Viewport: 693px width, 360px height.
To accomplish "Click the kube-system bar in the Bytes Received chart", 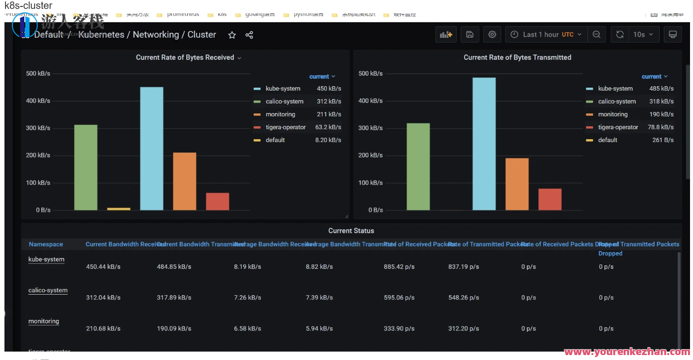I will click(x=152, y=149).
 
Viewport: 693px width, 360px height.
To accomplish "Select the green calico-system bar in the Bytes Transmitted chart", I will click(x=418, y=166).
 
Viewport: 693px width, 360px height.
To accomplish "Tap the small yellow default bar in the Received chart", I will click(x=119, y=208).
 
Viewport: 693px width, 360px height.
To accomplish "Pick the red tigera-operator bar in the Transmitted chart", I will click(x=550, y=199).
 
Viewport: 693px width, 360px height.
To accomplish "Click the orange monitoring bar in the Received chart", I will click(x=184, y=181).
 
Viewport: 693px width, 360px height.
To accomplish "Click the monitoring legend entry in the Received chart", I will click(x=280, y=114).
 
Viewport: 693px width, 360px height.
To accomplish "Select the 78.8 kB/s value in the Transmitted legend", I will click(x=661, y=127).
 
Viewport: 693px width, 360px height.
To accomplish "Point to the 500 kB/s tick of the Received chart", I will click(x=38, y=74).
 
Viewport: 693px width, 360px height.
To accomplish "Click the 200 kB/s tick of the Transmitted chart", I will click(x=371, y=155).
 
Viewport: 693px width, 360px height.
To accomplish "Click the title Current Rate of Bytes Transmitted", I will click(x=517, y=57).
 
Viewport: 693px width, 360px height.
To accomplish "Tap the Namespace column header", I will click(x=46, y=244).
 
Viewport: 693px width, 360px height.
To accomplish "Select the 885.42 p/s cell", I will click(x=399, y=267).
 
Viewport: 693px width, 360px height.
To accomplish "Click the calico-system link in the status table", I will click(x=48, y=291).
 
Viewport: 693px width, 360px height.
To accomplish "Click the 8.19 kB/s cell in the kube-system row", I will click(x=247, y=267).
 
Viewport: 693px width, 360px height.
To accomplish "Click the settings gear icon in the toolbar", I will click(x=492, y=35).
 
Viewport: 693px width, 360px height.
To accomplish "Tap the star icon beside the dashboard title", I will click(x=232, y=35).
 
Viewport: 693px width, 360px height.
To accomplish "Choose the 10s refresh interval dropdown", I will click(x=643, y=35).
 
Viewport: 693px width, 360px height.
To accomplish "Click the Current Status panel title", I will click(x=351, y=231).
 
